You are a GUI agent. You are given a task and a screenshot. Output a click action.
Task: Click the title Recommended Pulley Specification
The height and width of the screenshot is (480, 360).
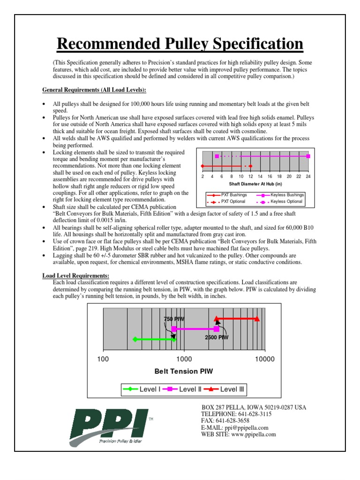(x=180, y=45)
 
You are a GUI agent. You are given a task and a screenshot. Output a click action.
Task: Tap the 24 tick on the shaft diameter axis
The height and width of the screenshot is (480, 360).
(x=308, y=176)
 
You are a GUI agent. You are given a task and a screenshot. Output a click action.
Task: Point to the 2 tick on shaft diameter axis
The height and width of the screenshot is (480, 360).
(x=202, y=176)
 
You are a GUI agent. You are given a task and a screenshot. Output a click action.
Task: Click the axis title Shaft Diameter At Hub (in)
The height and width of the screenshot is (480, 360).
(x=255, y=184)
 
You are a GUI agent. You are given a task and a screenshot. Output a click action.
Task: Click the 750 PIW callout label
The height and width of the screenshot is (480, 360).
(x=174, y=319)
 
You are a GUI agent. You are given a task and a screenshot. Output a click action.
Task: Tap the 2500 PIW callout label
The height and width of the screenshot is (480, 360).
(x=217, y=337)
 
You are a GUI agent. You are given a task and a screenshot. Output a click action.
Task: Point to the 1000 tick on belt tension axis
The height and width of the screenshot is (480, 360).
(x=184, y=359)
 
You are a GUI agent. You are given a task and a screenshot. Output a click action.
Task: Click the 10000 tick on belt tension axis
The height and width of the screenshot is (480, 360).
(x=263, y=359)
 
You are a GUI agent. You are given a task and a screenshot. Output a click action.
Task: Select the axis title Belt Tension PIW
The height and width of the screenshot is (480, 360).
(x=184, y=371)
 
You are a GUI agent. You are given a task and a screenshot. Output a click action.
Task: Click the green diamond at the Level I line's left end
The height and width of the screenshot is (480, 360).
(x=135, y=339)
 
